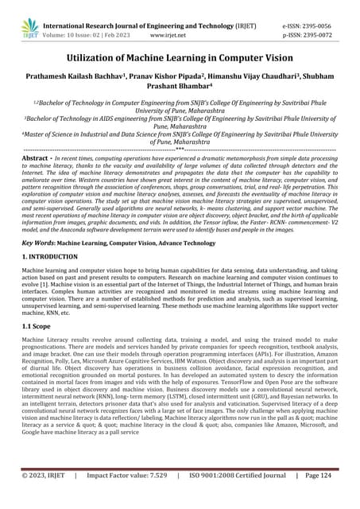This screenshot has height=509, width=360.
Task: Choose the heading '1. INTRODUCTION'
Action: [49, 258]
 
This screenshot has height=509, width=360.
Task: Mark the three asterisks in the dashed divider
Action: [180, 149]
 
